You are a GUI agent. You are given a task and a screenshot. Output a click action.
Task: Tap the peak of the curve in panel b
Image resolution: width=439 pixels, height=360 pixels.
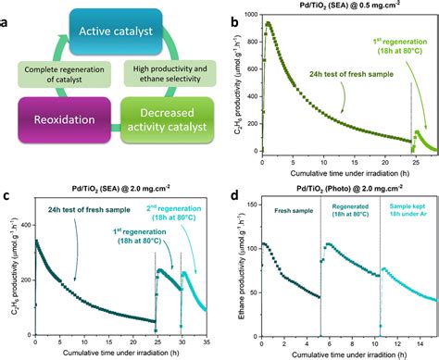tap(269, 23)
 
